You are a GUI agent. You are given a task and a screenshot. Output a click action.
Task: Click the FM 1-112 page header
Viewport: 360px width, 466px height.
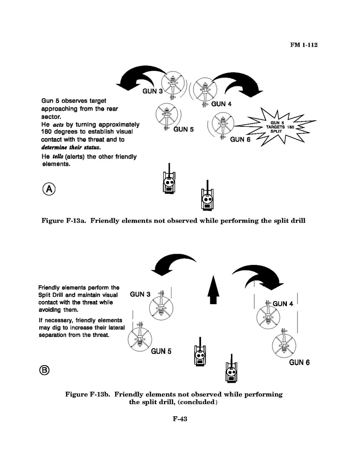(304, 45)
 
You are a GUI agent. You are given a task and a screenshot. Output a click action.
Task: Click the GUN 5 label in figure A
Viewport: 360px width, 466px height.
(183, 129)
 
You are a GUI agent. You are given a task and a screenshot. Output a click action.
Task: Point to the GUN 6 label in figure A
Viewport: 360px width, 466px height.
(240, 139)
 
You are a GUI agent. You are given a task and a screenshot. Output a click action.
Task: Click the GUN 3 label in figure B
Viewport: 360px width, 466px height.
(140, 294)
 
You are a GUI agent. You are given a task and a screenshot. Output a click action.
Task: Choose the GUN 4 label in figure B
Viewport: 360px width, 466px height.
(283, 304)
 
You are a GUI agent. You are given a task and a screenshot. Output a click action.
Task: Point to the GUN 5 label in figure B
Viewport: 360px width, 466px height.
(161, 351)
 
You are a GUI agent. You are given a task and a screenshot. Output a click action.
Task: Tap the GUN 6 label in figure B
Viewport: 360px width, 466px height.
(299, 363)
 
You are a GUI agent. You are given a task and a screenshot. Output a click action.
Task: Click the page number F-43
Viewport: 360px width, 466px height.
(180, 419)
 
